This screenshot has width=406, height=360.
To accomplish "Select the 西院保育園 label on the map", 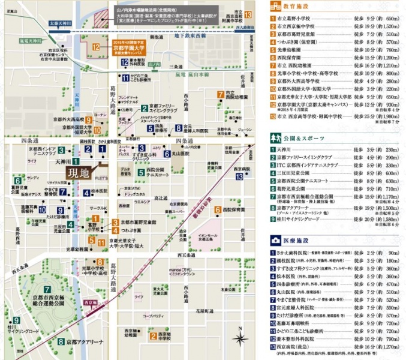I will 230,210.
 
